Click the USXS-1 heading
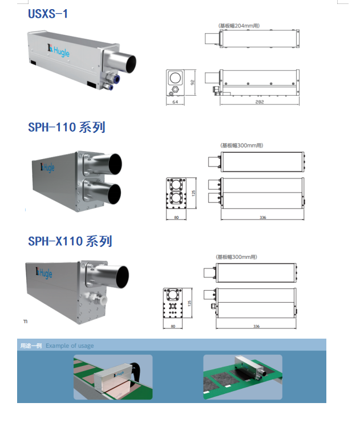(48, 14)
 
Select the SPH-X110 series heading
(70, 242)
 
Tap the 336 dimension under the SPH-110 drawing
(262, 217)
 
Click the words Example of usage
(70, 345)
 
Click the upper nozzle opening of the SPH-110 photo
(115, 164)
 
